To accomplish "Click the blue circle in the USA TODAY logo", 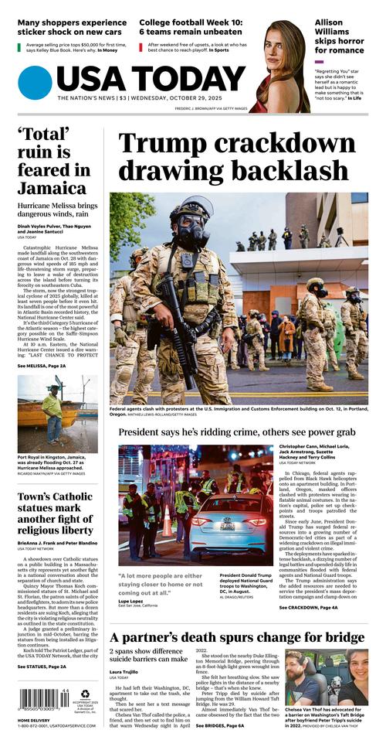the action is [x=35, y=83].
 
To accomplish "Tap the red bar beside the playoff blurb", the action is [x=141, y=48].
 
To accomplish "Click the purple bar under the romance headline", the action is [x=319, y=62].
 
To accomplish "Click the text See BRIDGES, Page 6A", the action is [x=219, y=726].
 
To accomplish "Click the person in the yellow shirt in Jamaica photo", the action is [x=52, y=405].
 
